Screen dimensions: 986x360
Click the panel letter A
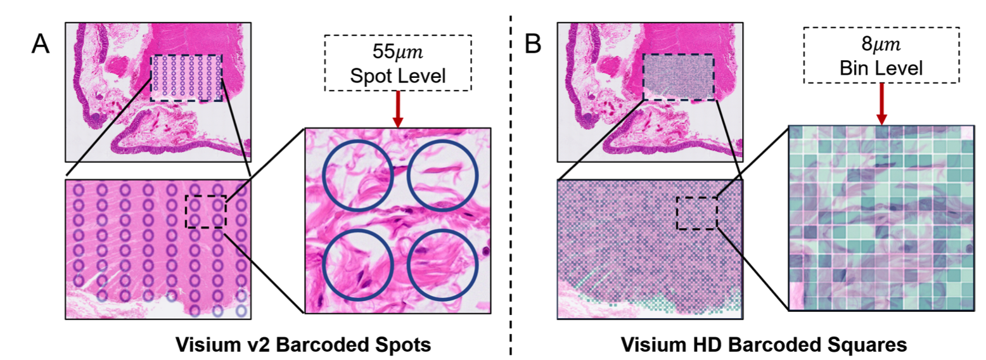click(x=40, y=44)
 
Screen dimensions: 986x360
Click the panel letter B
click(x=533, y=44)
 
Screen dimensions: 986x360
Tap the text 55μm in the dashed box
click(x=397, y=51)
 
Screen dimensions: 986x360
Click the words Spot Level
click(x=398, y=75)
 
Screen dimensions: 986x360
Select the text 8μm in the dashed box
click(x=881, y=44)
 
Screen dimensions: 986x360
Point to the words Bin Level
click(x=881, y=68)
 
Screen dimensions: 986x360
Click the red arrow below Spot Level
click(x=398, y=109)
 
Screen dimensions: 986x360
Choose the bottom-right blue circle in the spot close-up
click(x=407, y=265)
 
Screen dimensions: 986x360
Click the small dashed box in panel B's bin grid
click(x=677, y=213)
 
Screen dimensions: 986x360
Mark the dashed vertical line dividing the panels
click(x=511, y=185)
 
